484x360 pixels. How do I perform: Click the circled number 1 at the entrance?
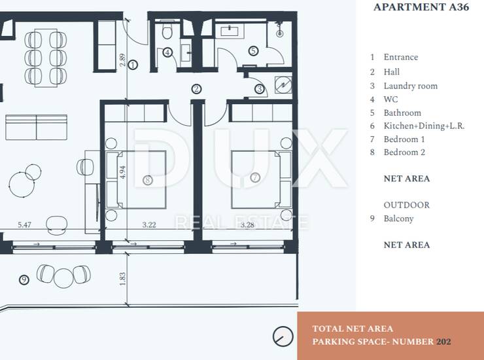[133, 65]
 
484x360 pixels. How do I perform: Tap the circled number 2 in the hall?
[196, 89]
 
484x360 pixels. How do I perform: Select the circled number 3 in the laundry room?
[259, 89]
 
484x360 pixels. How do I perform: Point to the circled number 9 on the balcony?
[24, 280]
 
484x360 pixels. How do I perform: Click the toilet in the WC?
[167, 31]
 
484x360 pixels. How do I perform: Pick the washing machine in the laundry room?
[283, 84]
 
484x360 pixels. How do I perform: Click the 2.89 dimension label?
[122, 60]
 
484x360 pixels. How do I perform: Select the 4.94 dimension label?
[122, 172]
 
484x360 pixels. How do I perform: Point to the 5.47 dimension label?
[24, 225]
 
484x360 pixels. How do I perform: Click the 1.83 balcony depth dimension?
[122, 278]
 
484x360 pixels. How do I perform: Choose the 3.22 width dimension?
[149, 225]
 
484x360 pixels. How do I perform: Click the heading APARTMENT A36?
[421, 7]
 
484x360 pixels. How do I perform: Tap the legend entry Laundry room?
[411, 86]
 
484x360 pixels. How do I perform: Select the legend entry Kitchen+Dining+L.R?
[424, 126]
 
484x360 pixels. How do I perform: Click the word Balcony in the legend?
[398, 219]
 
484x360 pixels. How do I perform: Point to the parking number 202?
[443, 342]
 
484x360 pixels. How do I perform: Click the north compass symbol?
[283, 336]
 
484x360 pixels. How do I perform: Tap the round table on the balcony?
[63, 278]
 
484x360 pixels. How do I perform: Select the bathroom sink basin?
[230, 31]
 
